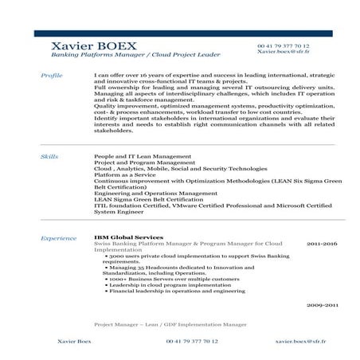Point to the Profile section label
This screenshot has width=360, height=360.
[x=51, y=74]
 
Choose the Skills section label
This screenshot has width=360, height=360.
[x=49, y=158]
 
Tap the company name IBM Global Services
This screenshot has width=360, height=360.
[x=128, y=237]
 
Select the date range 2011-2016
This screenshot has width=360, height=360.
[x=323, y=242]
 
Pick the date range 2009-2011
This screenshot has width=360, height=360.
[x=323, y=304]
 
